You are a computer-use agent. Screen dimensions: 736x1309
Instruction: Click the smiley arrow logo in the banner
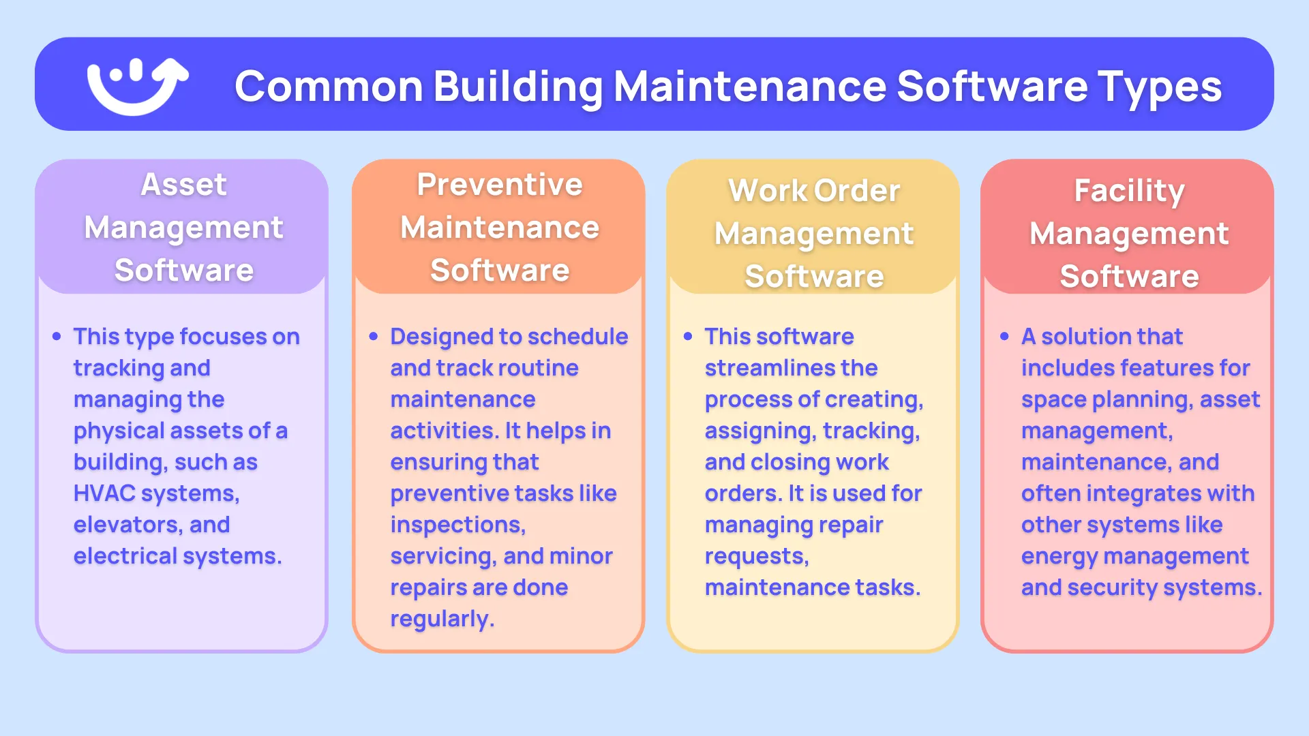click(x=137, y=86)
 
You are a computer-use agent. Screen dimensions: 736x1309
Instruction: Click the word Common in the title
click(x=329, y=87)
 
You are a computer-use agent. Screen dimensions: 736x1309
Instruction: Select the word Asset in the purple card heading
click(x=183, y=185)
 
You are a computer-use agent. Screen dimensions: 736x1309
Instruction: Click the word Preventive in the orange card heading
click(x=500, y=185)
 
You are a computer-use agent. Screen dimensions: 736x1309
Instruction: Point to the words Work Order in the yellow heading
click(x=814, y=191)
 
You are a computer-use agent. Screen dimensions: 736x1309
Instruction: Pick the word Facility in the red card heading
click(x=1129, y=191)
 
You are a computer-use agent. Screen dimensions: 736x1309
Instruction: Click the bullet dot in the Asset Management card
click(x=57, y=337)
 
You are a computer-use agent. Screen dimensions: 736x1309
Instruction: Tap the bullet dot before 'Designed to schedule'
click(x=373, y=337)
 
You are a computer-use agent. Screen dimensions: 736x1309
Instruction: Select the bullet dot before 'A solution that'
click(x=1004, y=337)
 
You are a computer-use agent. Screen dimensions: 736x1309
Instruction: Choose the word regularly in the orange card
click(x=442, y=619)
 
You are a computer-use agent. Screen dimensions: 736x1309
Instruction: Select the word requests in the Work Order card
click(x=756, y=557)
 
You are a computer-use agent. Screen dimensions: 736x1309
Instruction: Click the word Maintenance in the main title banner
click(x=750, y=87)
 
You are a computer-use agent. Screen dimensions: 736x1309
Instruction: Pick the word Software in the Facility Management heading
click(x=1129, y=277)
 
